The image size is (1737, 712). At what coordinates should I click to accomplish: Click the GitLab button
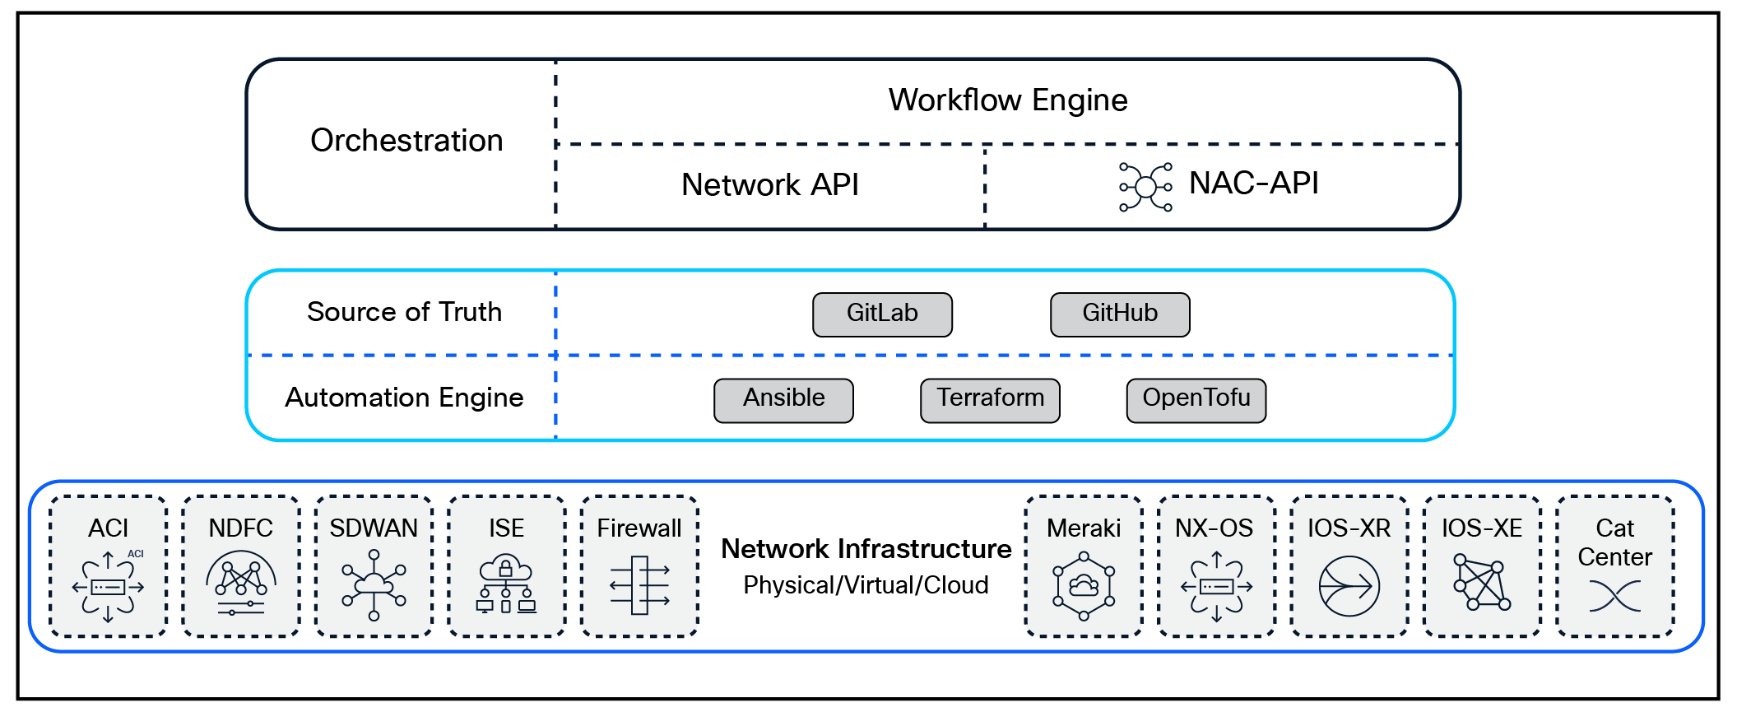[x=882, y=314]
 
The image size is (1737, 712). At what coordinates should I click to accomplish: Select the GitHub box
[x=1120, y=314]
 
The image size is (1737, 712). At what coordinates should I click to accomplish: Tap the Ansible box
[x=783, y=400]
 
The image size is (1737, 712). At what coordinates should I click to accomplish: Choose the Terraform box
[x=990, y=400]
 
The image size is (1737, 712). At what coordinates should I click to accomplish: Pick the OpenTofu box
[x=1196, y=400]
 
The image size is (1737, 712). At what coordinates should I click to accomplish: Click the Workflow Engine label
[x=1008, y=100]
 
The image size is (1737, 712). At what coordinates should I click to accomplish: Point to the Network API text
[x=769, y=185]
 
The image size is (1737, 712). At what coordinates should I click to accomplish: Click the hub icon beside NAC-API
[x=1145, y=187]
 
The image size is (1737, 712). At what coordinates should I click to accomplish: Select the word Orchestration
[x=406, y=141]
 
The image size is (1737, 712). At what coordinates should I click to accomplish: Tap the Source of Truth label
[x=404, y=312]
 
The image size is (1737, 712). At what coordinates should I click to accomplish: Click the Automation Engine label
[x=404, y=398]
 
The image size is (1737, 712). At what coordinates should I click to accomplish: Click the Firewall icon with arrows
[x=639, y=585]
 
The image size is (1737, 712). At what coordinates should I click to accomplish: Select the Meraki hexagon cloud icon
[x=1084, y=586]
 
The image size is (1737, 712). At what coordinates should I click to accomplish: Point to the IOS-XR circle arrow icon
[x=1349, y=586]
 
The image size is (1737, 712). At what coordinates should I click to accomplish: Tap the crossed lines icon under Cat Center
[x=1614, y=596]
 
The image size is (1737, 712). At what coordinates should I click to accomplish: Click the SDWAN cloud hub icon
[x=374, y=585]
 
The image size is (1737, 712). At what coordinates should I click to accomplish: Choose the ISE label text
[x=506, y=528]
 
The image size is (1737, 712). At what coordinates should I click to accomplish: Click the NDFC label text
[x=240, y=528]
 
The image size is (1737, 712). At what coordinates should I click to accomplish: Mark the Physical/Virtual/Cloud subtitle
[x=866, y=585]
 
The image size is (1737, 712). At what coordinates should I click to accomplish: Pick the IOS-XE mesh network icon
[x=1481, y=584]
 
